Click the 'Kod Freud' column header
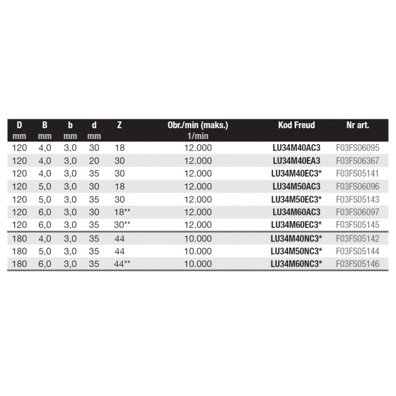point(297,125)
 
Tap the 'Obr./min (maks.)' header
point(198,125)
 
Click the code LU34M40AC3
point(297,148)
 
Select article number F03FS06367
point(357,160)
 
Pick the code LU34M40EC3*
point(297,173)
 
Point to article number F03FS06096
point(357,186)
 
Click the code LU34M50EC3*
point(297,199)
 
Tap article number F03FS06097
point(357,212)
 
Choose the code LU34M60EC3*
point(297,225)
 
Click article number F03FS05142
point(357,238)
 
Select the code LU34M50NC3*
point(297,251)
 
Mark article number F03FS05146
point(357,264)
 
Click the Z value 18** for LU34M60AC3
point(122,212)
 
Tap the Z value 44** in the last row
point(122,264)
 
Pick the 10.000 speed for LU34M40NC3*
point(198,238)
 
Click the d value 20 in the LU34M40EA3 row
point(94,160)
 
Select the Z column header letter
point(119,125)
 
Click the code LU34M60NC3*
point(297,264)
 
